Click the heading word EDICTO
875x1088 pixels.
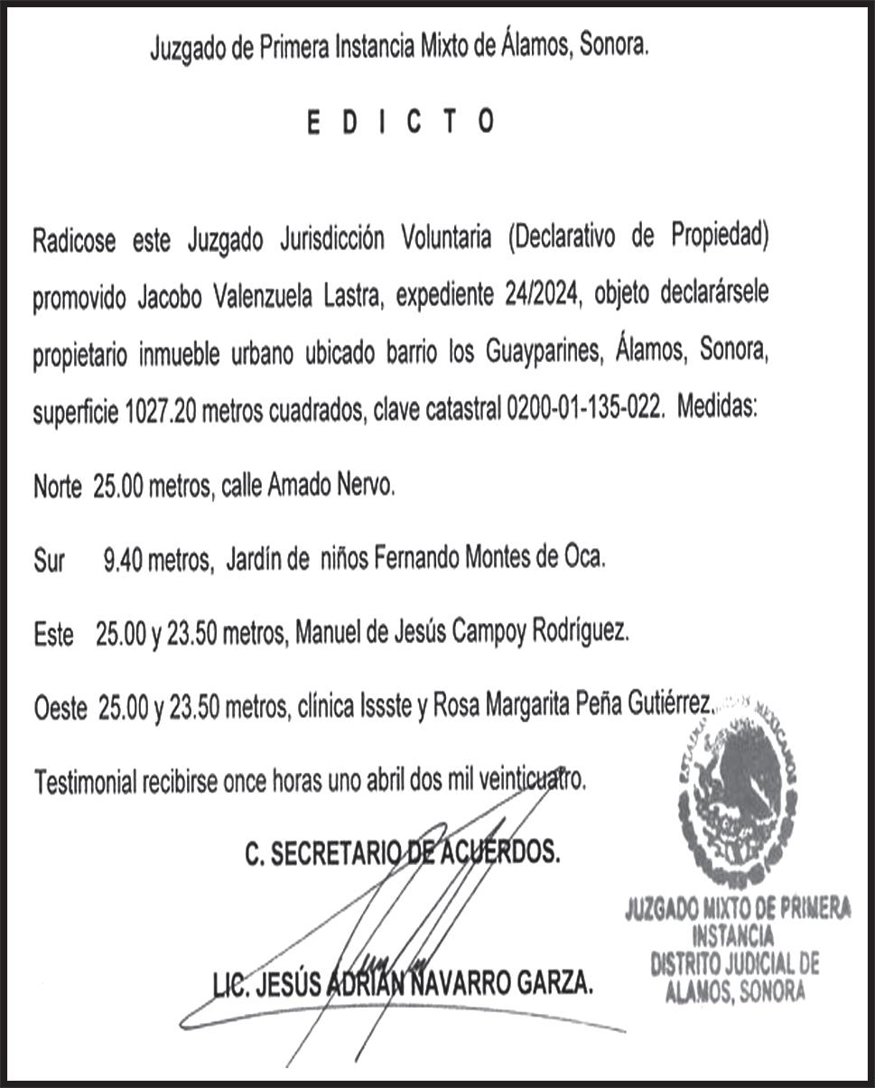pyautogui.click(x=400, y=122)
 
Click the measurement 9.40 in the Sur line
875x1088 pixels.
pyautogui.click(x=123, y=562)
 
